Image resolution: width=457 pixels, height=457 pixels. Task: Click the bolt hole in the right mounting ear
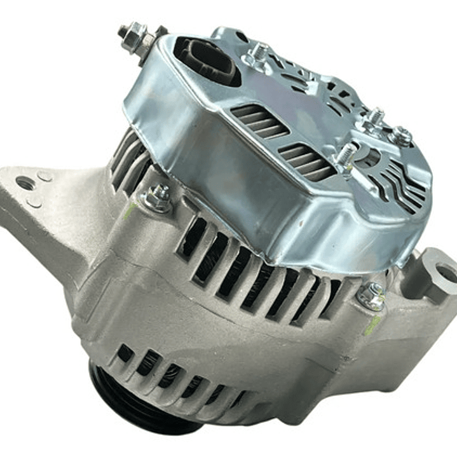pyautogui.click(x=447, y=273)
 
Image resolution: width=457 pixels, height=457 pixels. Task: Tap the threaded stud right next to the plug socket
pyautogui.click(x=257, y=53)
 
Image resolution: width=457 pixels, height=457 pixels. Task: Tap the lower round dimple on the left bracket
pyautogui.click(x=35, y=201)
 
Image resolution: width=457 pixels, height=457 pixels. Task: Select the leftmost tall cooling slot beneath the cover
pyautogui.click(x=189, y=239)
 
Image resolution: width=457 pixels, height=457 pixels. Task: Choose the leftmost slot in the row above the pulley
pyautogui.click(x=124, y=353)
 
